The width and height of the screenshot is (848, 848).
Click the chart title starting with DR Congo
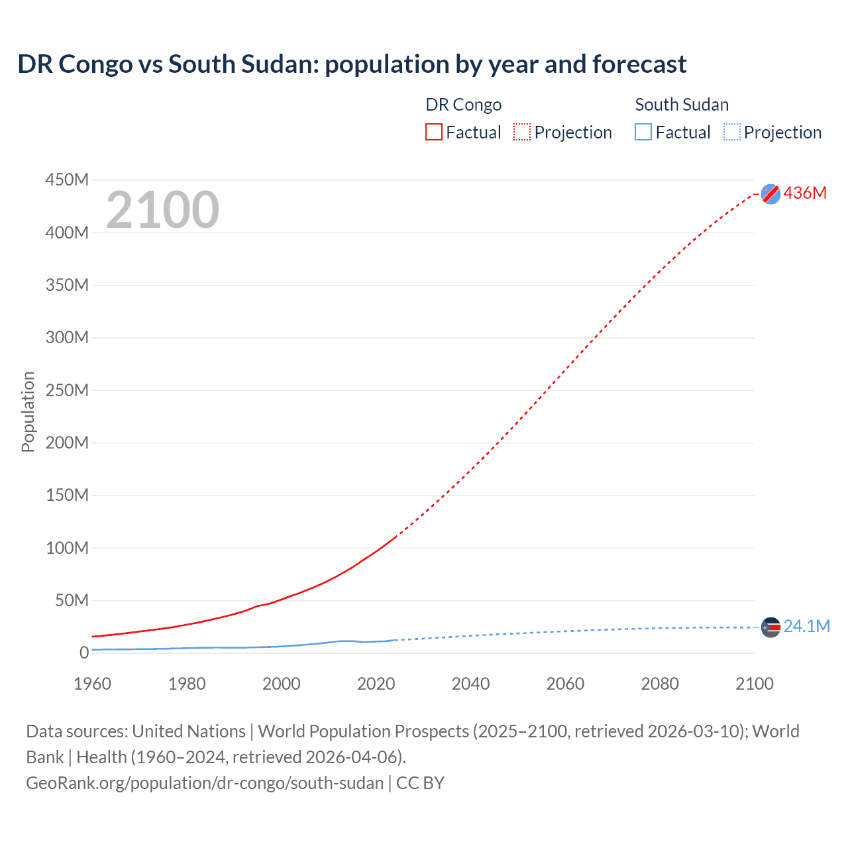[x=352, y=64]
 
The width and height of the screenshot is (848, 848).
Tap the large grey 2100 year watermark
[x=162, y=210]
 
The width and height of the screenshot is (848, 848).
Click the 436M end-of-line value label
[x=805, y=193]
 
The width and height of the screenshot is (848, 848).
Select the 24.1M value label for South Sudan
[x=806, y=626]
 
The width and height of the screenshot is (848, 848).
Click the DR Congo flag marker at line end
[x=770, y=194]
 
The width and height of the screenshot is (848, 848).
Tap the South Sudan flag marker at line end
[x=770, y=627]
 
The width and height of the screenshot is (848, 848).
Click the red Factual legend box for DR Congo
[x=434, y=132]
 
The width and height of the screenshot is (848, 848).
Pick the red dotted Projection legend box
[x=522, y=132]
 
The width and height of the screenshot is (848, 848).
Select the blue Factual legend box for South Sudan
[x=643, y=132]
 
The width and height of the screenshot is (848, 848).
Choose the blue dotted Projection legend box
[x=731, y=132]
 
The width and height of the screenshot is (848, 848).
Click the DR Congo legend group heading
[x=463, y=105]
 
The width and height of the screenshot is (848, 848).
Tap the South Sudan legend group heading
[x=682, y=105]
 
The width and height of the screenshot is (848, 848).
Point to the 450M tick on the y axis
[x=67, y=180]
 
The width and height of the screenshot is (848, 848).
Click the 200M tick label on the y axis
[x=67, y=443]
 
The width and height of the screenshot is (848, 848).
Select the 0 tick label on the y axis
[x=83, y=653]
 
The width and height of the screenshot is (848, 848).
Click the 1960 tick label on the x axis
[x=92, y=684]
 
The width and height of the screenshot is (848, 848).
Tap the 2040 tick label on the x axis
[x=470, y=684]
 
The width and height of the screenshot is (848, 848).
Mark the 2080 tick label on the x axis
[x=660, y=684]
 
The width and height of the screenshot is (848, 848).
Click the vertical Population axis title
[x=28, y=411]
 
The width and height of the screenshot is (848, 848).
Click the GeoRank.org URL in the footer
[x=205, y=783]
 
